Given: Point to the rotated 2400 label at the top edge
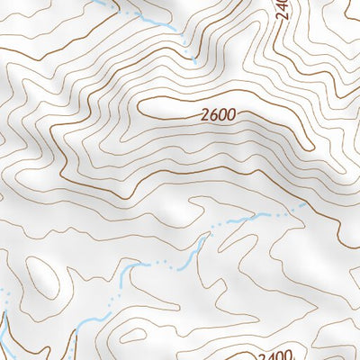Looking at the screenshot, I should point(281,10).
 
